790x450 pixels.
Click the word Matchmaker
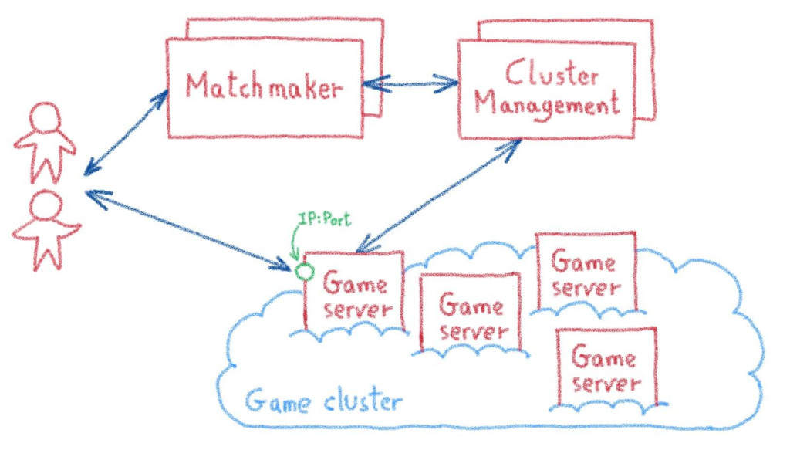(263, 86)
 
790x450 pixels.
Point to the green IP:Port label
(324, 220)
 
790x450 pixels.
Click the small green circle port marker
(304, 271)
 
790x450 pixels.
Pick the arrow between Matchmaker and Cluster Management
(410, 82)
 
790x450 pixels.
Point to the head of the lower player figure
(46, 205)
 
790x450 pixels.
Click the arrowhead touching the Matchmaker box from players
(160, 97)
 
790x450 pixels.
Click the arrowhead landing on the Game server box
(360, 248)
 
